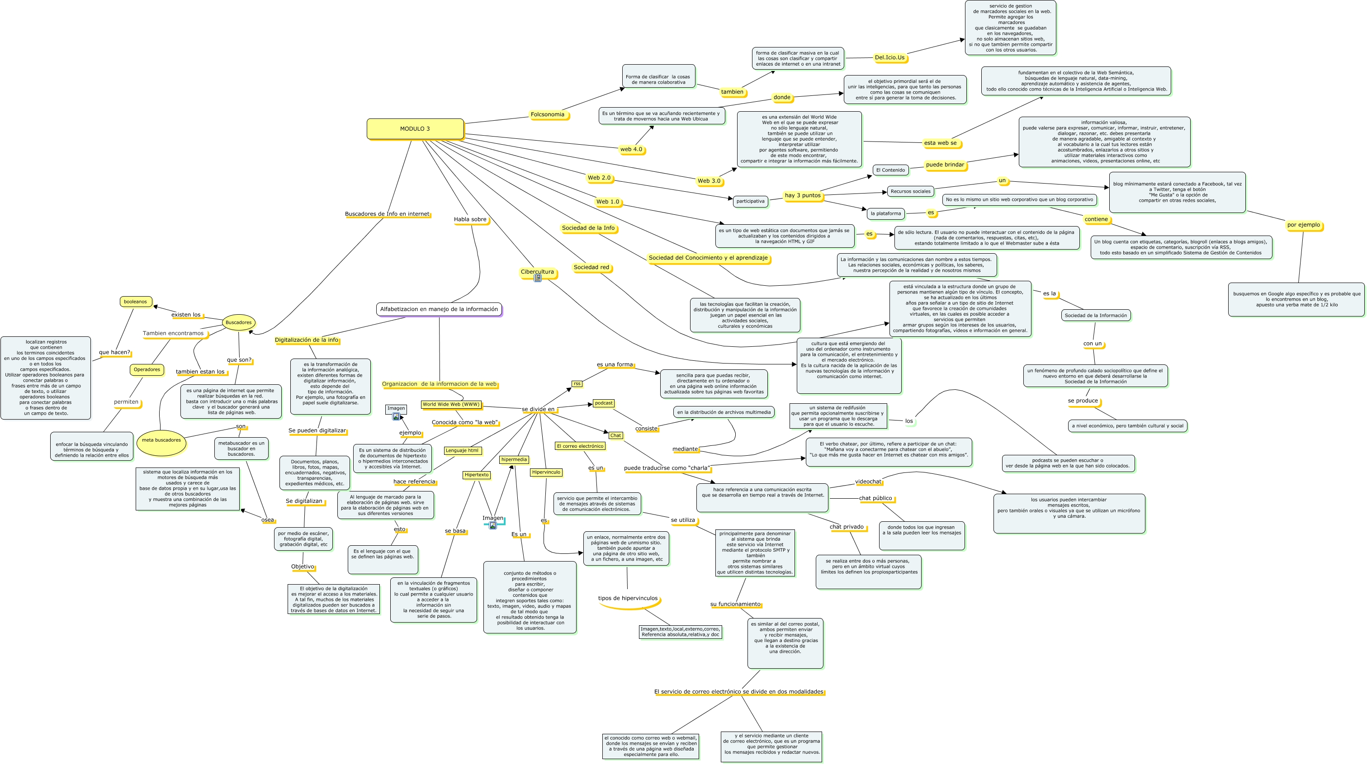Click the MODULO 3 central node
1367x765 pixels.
click(415, 129)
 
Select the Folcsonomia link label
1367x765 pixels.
click(548, 114)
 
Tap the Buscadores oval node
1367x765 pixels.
click(238, 322)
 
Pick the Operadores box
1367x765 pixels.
click(147, 370)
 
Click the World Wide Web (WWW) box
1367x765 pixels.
click(451, 404)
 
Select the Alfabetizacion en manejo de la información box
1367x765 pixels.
click(439, 309)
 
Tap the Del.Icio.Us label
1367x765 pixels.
click(889, 58)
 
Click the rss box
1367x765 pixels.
click(577, 383)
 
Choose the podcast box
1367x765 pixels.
click(603, 403)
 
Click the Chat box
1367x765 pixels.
click(615, 435)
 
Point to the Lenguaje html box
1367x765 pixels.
click(462, 451)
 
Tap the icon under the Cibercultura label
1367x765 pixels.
click(538, 279)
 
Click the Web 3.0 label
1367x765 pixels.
click(709, 181)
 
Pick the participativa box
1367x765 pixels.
click(750, 201)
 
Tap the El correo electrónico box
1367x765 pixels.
click(580, 446)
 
